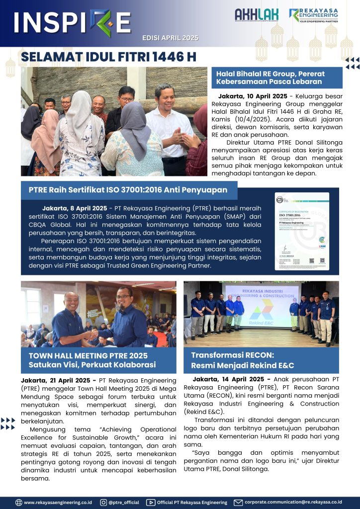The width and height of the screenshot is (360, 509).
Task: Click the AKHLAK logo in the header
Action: click(256, 15)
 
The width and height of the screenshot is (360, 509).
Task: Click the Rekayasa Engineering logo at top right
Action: click(313, 15)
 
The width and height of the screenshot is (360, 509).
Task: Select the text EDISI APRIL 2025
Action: click(170, 38)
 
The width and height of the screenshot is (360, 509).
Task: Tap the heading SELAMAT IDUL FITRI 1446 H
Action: click(108, 57)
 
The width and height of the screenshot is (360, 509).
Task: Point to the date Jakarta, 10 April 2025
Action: click(253, 96)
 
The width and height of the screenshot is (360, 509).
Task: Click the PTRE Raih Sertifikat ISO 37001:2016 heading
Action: click(128, 189)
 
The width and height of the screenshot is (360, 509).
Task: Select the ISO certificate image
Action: click(302, 231)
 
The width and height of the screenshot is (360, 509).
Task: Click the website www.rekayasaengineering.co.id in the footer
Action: click(58, 502)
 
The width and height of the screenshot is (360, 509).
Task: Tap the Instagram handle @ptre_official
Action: click(124, 502)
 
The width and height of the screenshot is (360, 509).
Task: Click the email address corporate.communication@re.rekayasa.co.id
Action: click(293, 502)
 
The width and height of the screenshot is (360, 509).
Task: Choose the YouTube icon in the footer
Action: click(151, 502)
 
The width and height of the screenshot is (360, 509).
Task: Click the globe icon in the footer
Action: click(19, 502)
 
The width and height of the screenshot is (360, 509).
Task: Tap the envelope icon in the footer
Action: click(238, 502)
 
